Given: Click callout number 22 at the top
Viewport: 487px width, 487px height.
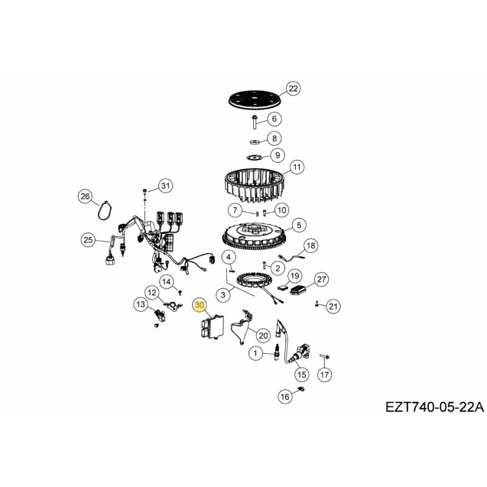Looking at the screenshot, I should [x=293, y=89].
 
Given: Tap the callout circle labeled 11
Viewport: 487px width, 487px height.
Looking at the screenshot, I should [x=296, y=166].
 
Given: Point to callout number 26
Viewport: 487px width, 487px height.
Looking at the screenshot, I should [x=85, y=196].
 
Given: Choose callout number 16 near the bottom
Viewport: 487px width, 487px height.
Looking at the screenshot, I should [x=285, y=396].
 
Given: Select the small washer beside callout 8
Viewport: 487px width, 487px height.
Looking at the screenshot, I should [x=254, y=142].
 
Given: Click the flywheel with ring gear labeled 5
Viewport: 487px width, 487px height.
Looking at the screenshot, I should [x=253, y=236].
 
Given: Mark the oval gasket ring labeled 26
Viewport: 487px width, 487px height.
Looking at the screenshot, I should [x=105, y=211].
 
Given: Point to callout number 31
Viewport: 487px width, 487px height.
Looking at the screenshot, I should [x=166, y=185].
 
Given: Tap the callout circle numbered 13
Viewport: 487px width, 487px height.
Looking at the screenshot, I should [x=140, y=304].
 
